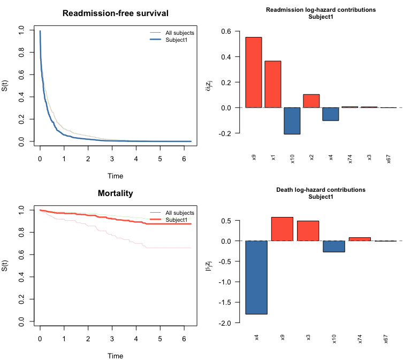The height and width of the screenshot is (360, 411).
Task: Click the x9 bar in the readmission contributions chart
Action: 254,72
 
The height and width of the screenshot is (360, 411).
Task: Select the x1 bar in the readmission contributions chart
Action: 273,84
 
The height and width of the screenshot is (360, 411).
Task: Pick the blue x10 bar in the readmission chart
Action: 292,121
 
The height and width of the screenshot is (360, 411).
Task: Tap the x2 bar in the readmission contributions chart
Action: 311,101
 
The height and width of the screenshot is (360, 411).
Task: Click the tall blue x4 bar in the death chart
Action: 257,277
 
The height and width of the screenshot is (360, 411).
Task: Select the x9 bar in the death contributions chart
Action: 283,229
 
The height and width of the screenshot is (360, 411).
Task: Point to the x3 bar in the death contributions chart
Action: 308,231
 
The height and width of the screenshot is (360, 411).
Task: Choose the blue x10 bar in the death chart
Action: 334,246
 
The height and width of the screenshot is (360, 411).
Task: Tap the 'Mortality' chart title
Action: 115,193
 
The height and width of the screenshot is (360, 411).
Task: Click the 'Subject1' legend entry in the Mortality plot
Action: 176,220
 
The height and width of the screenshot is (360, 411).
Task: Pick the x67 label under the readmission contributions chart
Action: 389,159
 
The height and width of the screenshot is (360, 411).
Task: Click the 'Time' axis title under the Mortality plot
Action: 115,356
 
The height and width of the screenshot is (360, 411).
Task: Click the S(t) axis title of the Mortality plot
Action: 5,266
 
